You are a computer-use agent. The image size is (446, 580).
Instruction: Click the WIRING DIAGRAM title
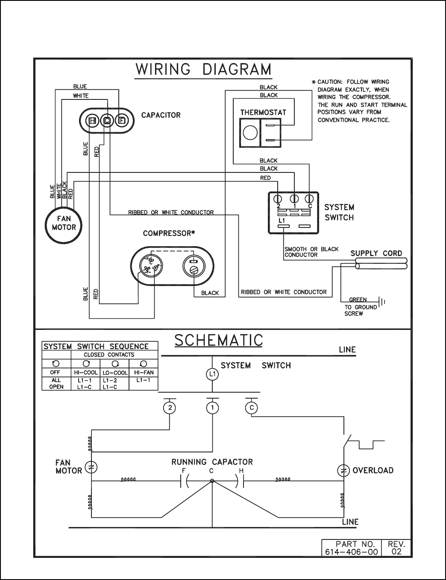click(x=203, y=70)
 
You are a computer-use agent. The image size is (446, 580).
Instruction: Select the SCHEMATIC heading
click(x=219, y=340)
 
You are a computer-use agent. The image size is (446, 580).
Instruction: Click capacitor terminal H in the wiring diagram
click(x=92, y=121)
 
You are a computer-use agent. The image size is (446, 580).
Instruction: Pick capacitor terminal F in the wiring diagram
click(x=122, y=121)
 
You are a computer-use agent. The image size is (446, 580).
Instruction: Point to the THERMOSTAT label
click(x=263, y=113)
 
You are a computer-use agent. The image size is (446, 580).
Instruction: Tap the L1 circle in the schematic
click(x=212, y=375)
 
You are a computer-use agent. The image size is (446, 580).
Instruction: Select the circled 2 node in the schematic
click(x=170, y=408)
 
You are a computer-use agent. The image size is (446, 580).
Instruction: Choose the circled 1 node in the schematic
click(x=212, y=408)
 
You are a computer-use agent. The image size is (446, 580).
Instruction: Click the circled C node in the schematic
click(x=252, y=408)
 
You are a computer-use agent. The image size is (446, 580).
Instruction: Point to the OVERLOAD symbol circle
click(x=343, y=470)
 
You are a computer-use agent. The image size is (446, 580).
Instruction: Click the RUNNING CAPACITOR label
click(x=212, y=462)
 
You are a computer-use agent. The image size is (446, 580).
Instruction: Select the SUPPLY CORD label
click(x=376, y=253)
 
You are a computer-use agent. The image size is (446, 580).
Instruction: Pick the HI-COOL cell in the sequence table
click(x=85, y=373)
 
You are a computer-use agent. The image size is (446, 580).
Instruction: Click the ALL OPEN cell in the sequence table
click(x=56, y=383)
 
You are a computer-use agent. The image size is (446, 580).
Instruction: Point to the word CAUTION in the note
click(x=329, y=82)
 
